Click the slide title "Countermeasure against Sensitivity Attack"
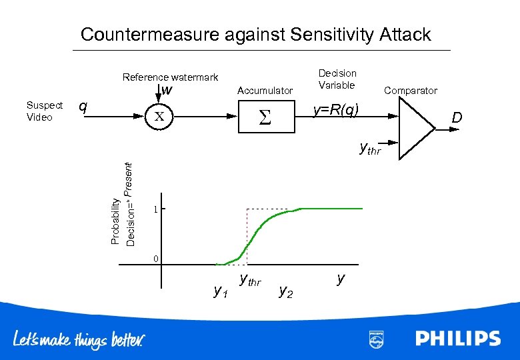[x=255, y=35]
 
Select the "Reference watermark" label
[x=170, y=77]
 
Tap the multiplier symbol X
[x=160, y=117]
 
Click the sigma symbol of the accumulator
[x=265, y=118]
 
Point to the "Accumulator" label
[x=265, y=90]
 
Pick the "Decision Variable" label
[x=337, y=79]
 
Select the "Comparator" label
[x=411, y=90]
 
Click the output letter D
[x=457, y=119]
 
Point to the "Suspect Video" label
[x=44, y=111]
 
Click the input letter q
[x=83, y=107]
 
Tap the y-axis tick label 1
[x=155, y=209]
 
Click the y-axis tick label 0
[x=155, y=259]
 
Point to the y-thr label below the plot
[x=250, y=281]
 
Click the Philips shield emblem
[x=376, y=339]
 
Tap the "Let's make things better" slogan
[x=78, y=340]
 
